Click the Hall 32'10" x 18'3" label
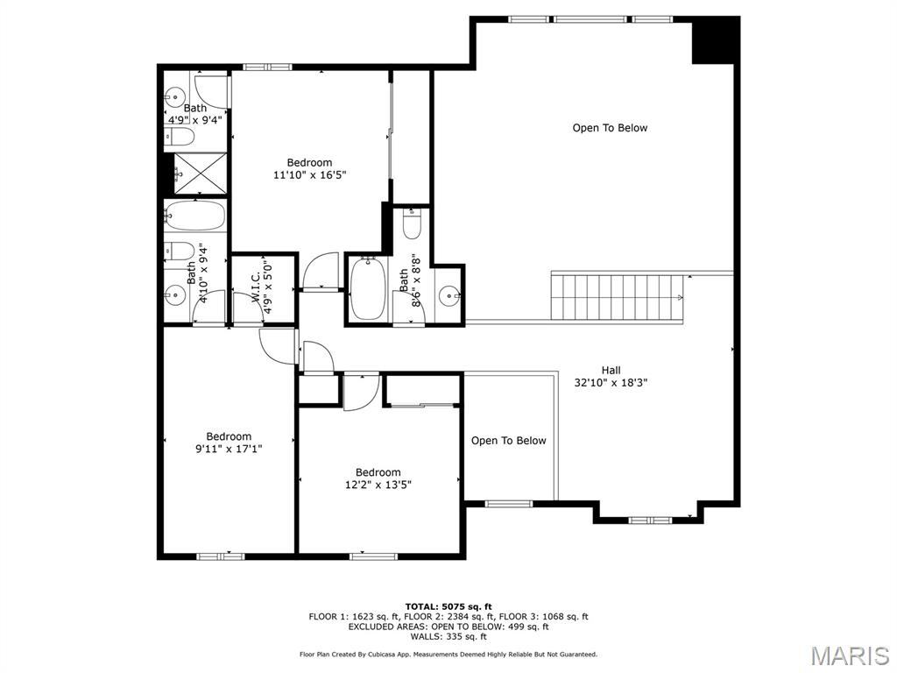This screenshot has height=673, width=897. click(611, 376)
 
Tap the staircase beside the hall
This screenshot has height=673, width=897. click(617, 296)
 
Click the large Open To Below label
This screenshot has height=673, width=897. click(610, 128)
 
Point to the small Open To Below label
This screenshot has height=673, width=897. click(508, 441)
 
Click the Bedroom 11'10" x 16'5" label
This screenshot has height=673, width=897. click(309, 168)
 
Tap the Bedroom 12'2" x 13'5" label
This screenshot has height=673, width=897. click(378, 478)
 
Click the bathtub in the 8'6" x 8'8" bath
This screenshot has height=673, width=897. click(367, 289)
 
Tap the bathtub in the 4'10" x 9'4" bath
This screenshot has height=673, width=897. click(194, 216)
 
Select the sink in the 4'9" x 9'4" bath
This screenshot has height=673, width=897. click(173, 96)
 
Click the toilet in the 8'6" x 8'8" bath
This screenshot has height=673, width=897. click(412, 224)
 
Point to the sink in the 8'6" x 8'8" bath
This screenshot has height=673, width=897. click(450, 295)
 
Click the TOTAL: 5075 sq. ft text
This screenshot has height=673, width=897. click(448, 606)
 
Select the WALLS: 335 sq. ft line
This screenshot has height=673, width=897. click(448, 637)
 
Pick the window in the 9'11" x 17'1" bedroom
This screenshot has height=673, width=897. click(220, 556)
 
